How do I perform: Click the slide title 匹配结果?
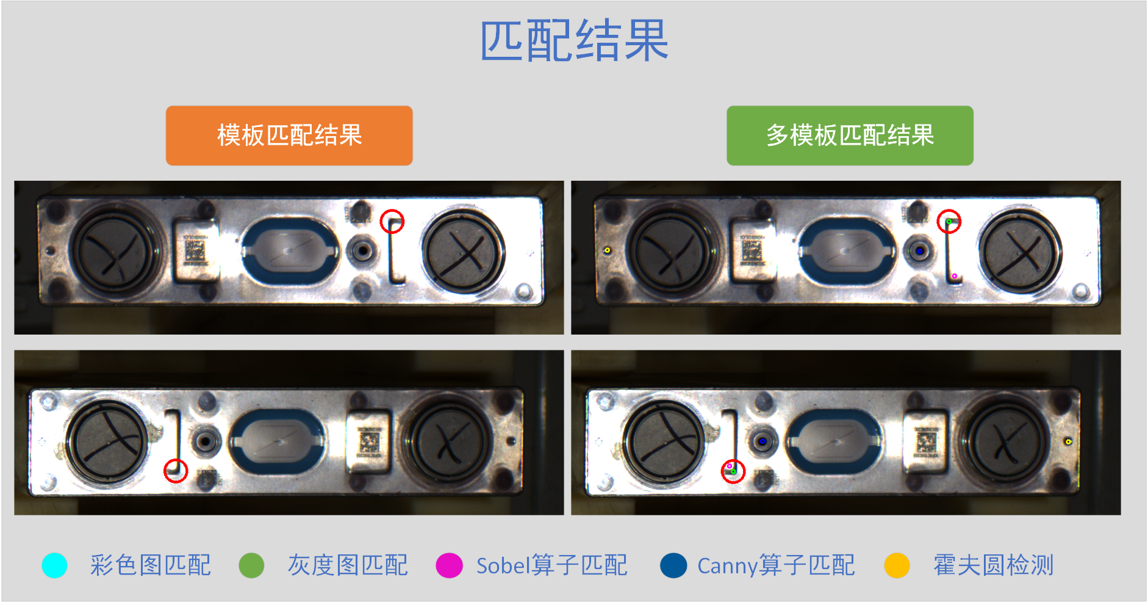pyautogui.click(x=574, y=40)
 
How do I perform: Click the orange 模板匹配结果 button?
pyautogui.click(x=289, y=136)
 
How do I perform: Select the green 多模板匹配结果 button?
pyautogui.click(x=850, y=136)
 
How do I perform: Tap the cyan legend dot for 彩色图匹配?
pyautogui.click(x=54, y=565)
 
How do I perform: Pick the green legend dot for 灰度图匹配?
pyautogui.click(x=251, y=565)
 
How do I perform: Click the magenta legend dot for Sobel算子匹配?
pyautogui.click(x=449, y=565)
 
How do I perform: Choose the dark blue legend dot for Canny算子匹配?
pyautogui.click(x=673, y=565)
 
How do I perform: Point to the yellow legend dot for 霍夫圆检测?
pyautogui.click(x=897, y=565)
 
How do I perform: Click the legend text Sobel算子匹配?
pyautogui.click(x=551, y=565)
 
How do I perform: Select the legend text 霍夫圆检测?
pyautogui.click(x=993, y=565)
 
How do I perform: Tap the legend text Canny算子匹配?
pyautogui.click(x=776, y=565)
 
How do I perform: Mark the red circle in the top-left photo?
pyautogui.click(x=392, y=221)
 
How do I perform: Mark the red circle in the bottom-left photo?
pyautogui.click(x=176, y=471)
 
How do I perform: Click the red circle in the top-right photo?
pyautogui.click(x=949, y=221)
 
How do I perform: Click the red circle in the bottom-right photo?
pyautogui.click(x=733, y=471)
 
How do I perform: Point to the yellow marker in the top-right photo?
pyautogui.click(x=607, y=250)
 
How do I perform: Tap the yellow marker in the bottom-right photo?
pyautogui.click(x=1068, y=441)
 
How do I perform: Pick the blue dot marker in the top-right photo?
pyautogui.click(x=920, y=251)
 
